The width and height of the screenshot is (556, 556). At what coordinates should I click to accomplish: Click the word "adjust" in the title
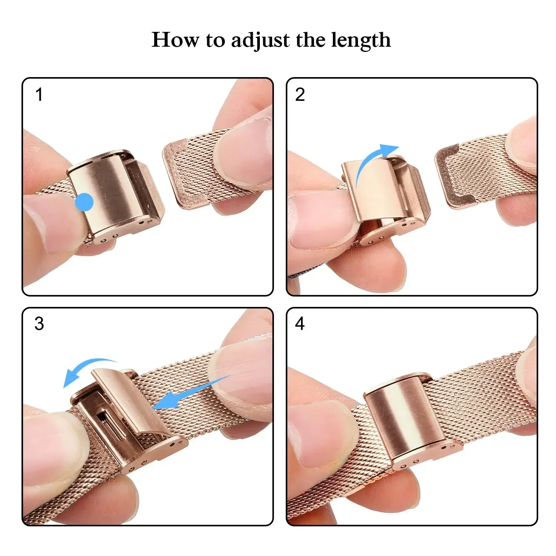pyautogui.click(x=260, y=40)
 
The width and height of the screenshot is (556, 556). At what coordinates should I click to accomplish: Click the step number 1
pyautogui.click(x=39, y=95)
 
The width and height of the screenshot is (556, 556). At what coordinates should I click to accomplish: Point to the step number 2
pyautogui.click(x=300, y=95)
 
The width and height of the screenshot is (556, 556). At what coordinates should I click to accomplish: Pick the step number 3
pyautogui.click(x=39, y=324)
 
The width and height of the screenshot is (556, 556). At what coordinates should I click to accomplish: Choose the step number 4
pyautogui.click(x=300, y=324)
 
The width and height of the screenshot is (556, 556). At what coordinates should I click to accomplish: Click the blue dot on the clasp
pyautogui.click(x=84, y=202)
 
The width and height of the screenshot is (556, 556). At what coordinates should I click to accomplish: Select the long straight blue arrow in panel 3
pyautogui.click(x=189, y=393)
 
